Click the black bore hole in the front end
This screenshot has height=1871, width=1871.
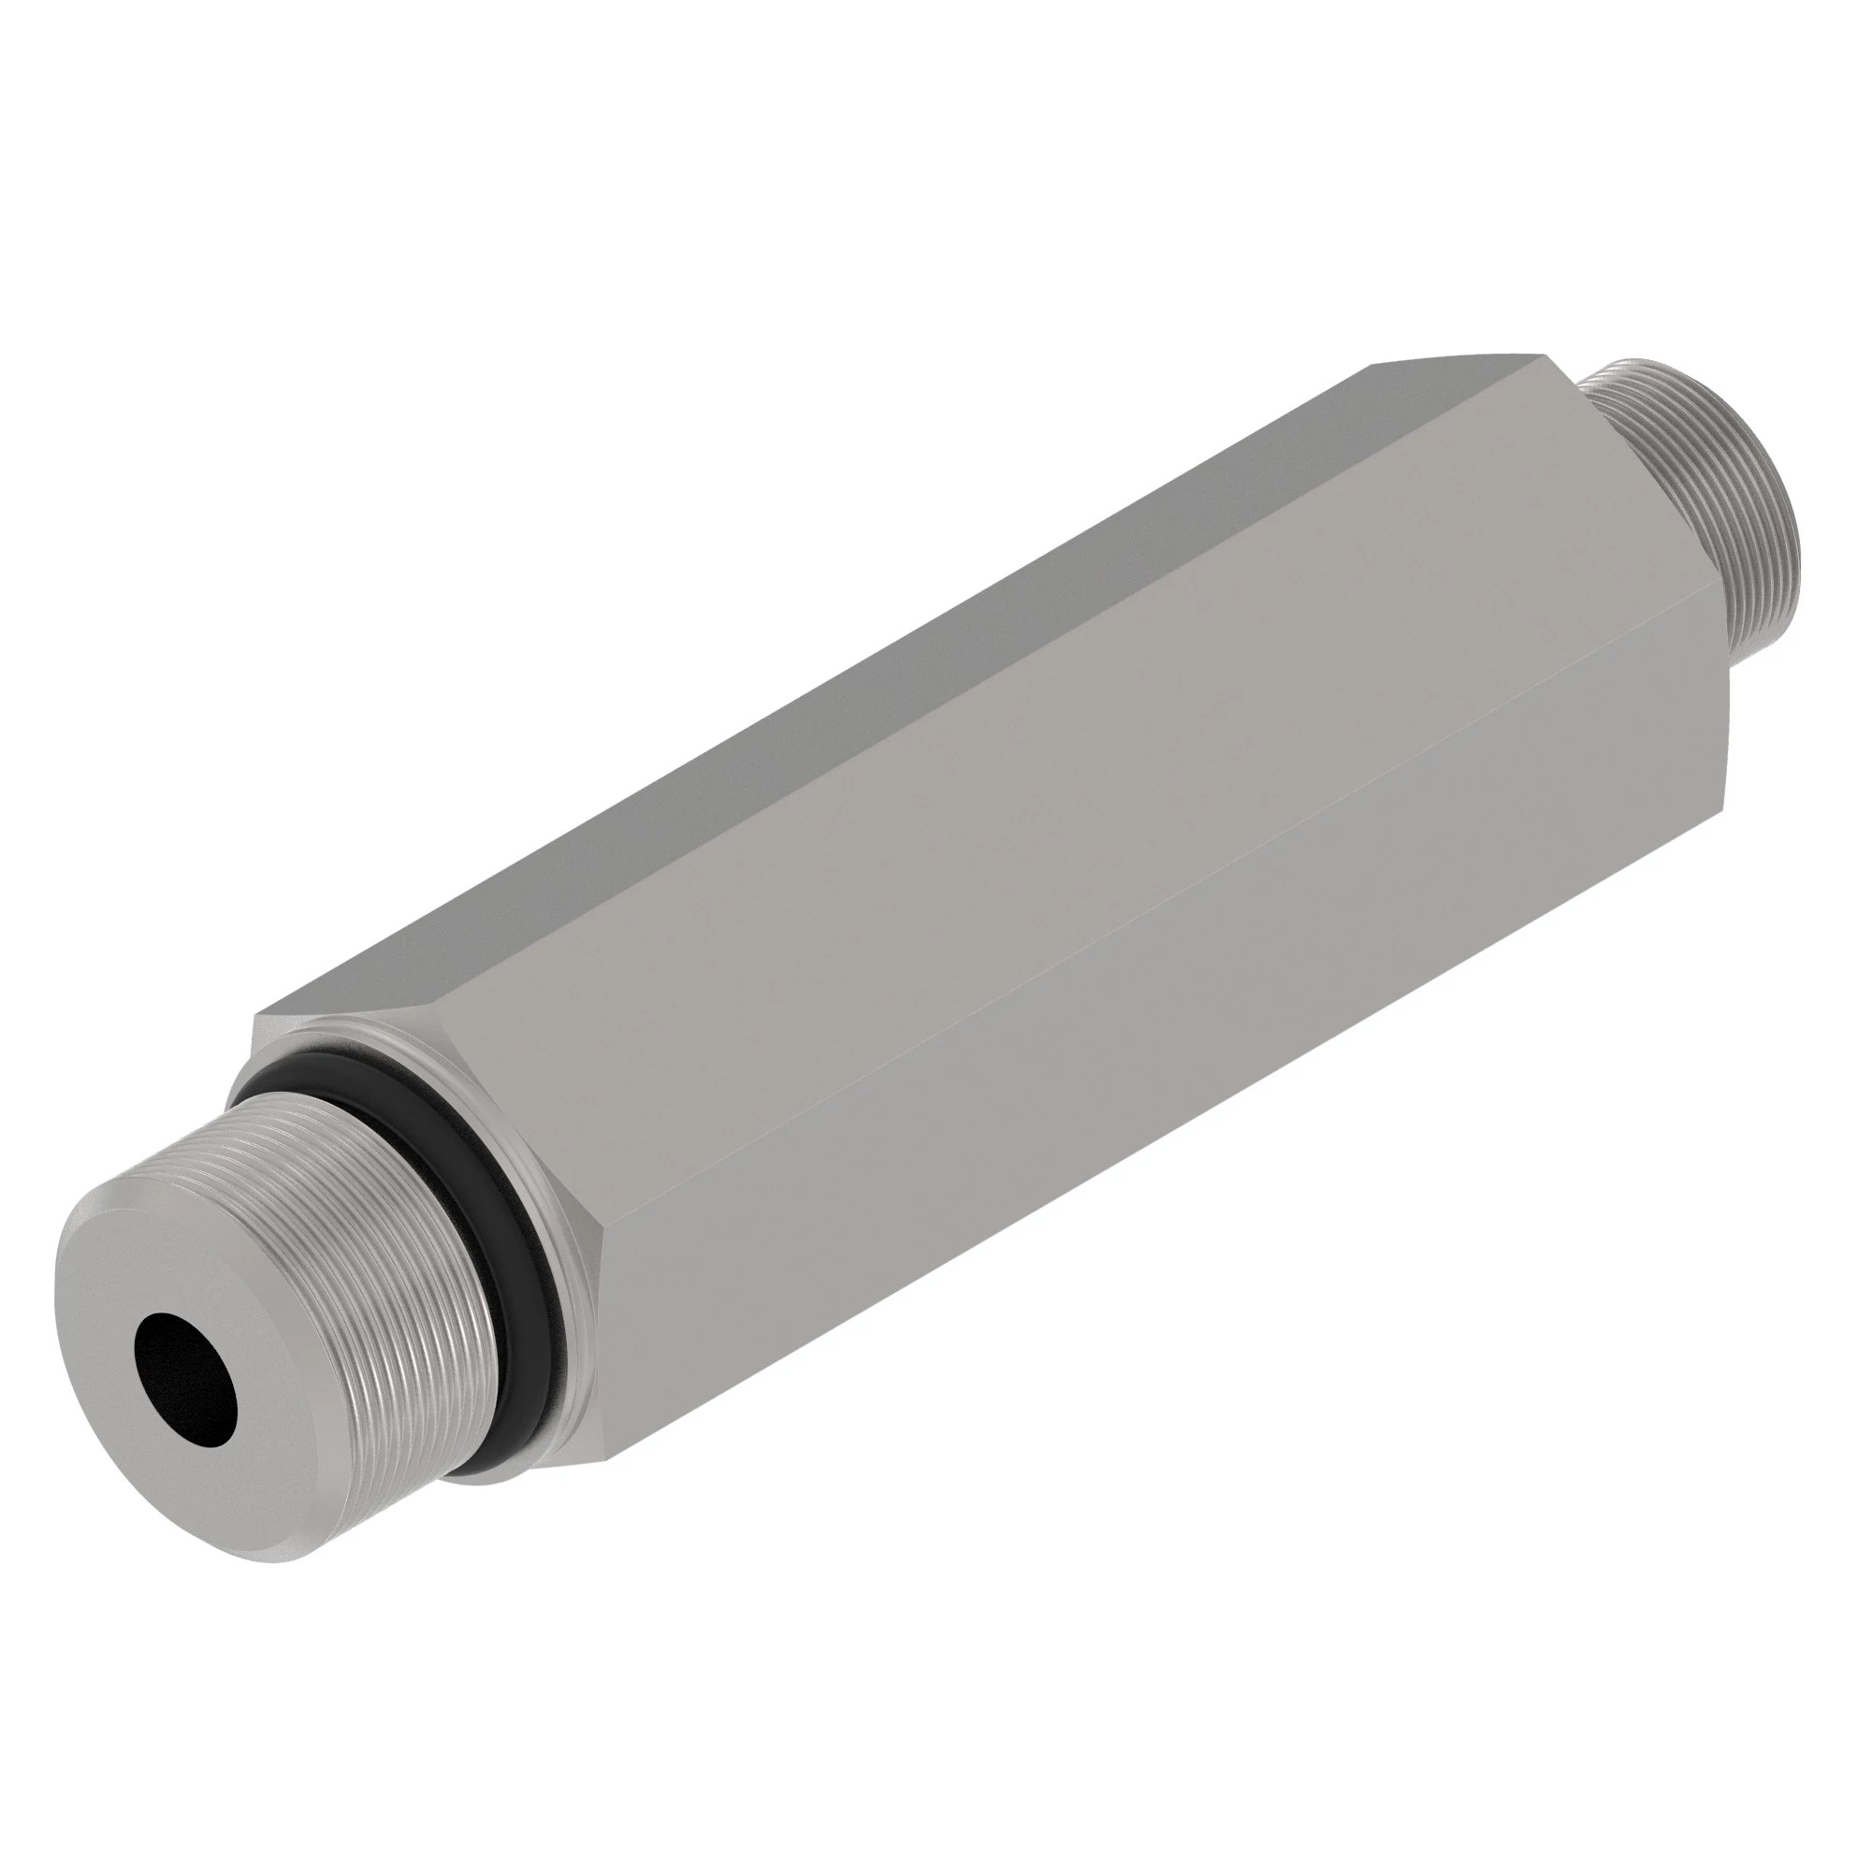187,1365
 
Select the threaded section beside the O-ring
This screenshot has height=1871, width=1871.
387,1240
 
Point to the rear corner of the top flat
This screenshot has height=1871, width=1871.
1541,353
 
